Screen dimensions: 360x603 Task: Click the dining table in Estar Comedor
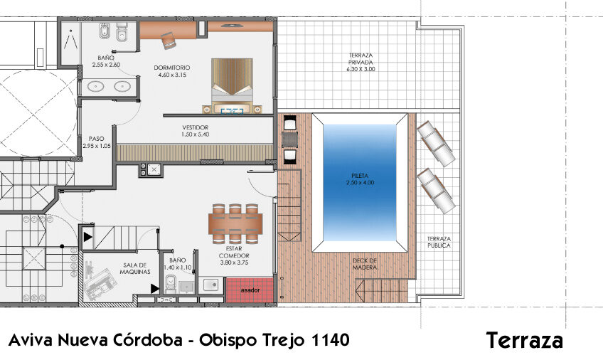[x=235, y=224]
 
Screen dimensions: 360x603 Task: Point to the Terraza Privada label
[x=361, y=62]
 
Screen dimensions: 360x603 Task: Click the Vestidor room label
[x=195, y=131]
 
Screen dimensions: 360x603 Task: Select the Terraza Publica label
[x=439, y=242]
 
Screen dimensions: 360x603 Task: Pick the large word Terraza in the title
[x=525, y=341]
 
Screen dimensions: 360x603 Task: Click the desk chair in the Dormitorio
[x=169, y=41]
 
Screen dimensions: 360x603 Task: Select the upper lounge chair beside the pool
[x=435, y=143]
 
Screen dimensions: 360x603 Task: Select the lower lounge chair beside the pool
[x=435, y=191]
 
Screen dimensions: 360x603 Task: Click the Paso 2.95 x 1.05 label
[x=97, y=142]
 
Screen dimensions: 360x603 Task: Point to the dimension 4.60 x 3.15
[x=171, y=75]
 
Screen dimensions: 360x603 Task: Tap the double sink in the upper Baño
[x=107, y=88]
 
